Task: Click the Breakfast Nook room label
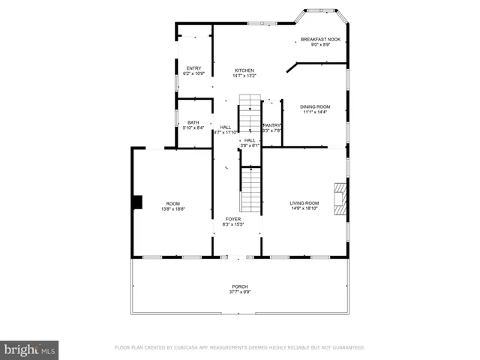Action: point(320,40)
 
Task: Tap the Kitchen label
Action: point(244,70)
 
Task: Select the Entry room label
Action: point(193,69)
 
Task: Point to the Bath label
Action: point(193,122)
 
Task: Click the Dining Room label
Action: point(316,107)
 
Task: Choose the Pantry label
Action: point(271,125)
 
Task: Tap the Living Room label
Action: point(304,203)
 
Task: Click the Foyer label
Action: point(232,219)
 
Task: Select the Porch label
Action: point(239,286)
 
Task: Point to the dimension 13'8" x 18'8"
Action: point(172,209)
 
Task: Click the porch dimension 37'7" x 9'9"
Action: point(239,292)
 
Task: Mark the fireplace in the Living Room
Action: point(340,200)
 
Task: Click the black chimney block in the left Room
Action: point(136,202)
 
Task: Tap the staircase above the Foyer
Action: point(251,190)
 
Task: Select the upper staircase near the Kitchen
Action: point(250,112)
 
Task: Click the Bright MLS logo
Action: point(30,349)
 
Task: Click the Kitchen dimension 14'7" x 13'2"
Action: point(244,76)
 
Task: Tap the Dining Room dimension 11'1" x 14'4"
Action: point(316,113)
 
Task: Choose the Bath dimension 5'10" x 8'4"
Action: point(193,128)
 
